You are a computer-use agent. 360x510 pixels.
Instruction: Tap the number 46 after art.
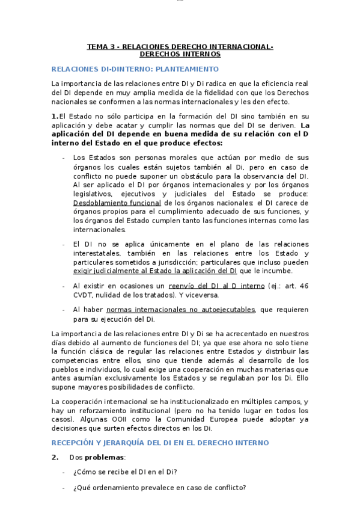click(304, 286)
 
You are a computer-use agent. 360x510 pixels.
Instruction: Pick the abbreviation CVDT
click(84, 295)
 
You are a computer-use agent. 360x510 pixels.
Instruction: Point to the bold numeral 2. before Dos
click(55, 458)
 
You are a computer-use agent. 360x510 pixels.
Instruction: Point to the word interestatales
click(99, 253)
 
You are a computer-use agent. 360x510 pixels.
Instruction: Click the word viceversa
click(203, 295)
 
